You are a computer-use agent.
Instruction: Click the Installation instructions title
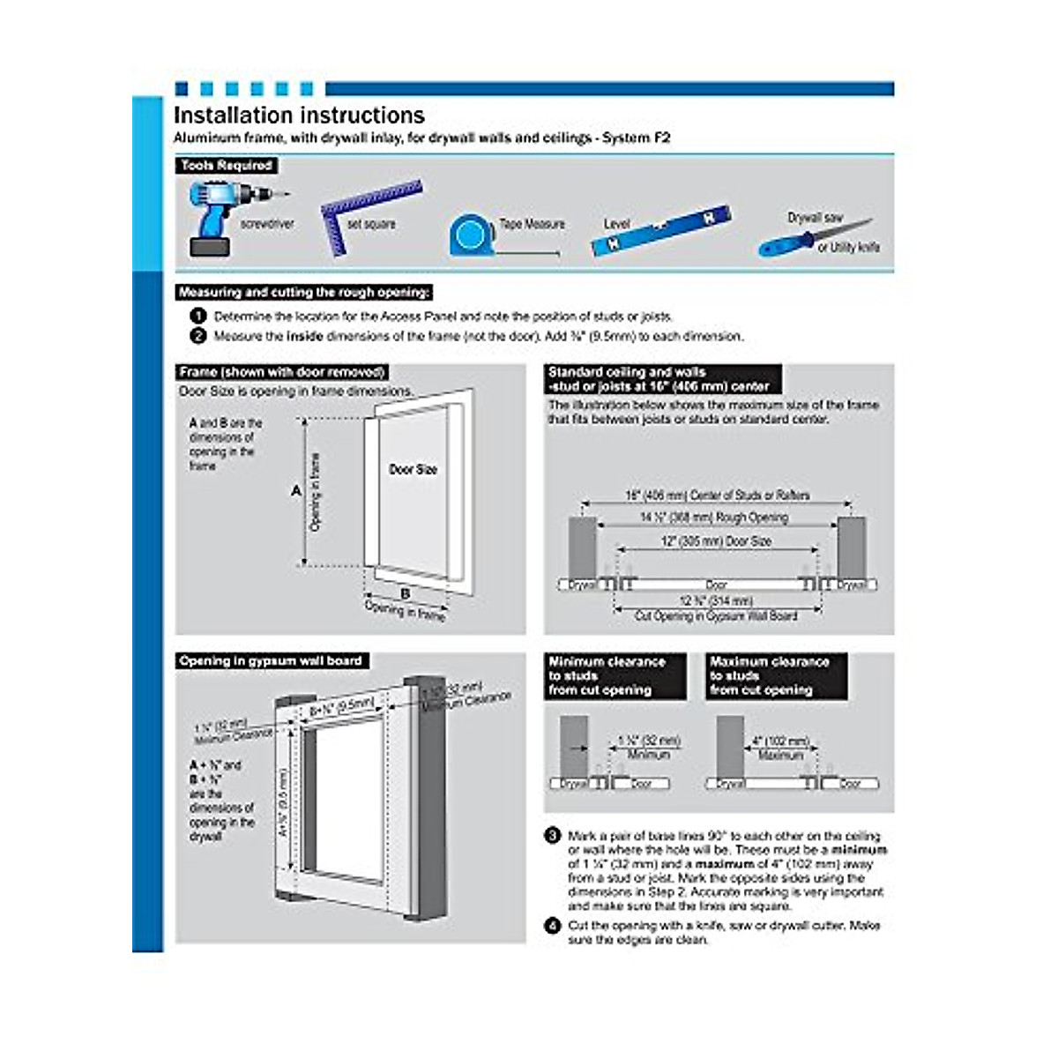coord(299,115)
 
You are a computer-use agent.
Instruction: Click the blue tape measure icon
coord(472,235)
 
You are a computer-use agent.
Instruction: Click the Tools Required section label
coord(227,166)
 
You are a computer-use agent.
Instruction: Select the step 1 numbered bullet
coord(198,316)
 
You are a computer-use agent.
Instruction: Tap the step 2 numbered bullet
coord(198,336)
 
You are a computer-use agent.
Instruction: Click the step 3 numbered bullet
coord(553,836)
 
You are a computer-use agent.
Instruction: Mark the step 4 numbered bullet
coord(553,926)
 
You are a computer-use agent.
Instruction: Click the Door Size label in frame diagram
coord(413,470)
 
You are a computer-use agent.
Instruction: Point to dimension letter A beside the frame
coord(296,490)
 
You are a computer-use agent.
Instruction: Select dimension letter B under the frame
coord(406,593)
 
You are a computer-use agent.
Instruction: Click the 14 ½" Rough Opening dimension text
coord(714,518)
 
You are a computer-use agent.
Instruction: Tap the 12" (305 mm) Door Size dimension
coord(716,541)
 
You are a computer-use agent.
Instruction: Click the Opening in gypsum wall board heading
coord(271,661)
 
